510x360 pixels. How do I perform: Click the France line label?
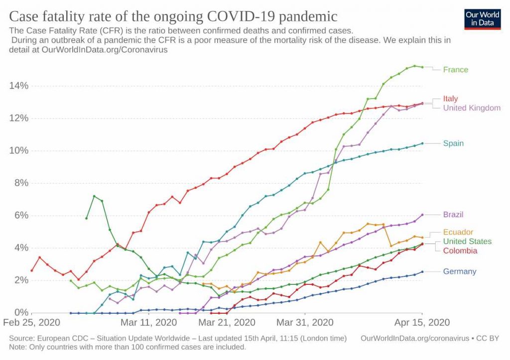point(456,70)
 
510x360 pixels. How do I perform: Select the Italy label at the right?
point(450,99)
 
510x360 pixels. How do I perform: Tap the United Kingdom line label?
point(472,108)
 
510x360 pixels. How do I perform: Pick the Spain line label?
point(453,143)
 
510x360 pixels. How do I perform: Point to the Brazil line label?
point(453,215)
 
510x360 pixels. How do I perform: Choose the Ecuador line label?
point(458,232)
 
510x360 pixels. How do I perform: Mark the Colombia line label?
point(460,250)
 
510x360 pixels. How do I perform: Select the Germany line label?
point(460,271)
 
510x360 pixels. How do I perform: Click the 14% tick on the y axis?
point(19,86)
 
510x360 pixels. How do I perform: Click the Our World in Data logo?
point(483,18)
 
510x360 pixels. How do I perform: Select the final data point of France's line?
point(422,67)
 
